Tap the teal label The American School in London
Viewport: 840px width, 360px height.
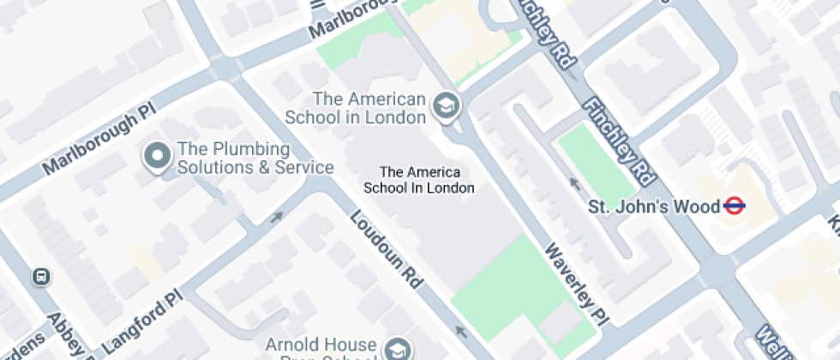click(369, 108)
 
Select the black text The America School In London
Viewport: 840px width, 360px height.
click(419, 179)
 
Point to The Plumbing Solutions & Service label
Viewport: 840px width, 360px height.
click(255, 158)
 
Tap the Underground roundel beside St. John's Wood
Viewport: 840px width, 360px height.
click(733, 206)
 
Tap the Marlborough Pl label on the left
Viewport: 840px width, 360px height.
click(90, 141)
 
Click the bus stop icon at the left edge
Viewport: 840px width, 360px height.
click(40, 277)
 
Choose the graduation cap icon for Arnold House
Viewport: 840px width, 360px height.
click(397, 349)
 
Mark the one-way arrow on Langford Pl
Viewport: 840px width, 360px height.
click(276, 217)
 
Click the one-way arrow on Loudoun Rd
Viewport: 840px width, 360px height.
click(463, 332)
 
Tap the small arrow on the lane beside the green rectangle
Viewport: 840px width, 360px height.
click(573, 183)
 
